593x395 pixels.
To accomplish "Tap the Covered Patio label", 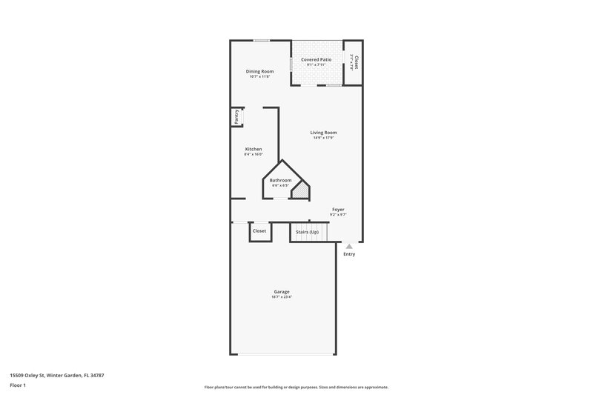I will (x=316, y=59).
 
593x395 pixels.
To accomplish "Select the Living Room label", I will (x=323, y=132).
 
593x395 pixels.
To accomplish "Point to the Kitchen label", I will (x=254, y=149).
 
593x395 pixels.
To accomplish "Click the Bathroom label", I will (x=280, y=180).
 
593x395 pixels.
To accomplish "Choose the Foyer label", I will (x=338, y=210).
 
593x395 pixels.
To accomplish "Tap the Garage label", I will (x=281, y=291).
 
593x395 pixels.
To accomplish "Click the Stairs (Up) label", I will (x=308, y=231).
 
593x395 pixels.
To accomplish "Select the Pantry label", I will (x=236, y=116).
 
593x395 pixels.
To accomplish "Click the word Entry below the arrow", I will (x=349, y=254).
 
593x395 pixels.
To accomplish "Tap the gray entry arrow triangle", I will (x=349, y=246).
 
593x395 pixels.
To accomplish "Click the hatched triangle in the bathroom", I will (x=301, y=193).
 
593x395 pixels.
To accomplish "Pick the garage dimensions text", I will (x=281, y=297).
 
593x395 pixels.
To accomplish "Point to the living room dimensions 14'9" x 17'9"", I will (x=323, y=138).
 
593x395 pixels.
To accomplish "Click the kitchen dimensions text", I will (x=254, y=155).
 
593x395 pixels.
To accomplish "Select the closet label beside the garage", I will (x=259, y=231).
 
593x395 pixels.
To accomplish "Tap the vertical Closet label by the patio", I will (x=357, y=62).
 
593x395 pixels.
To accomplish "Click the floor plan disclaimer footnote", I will (x=296, y=387).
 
